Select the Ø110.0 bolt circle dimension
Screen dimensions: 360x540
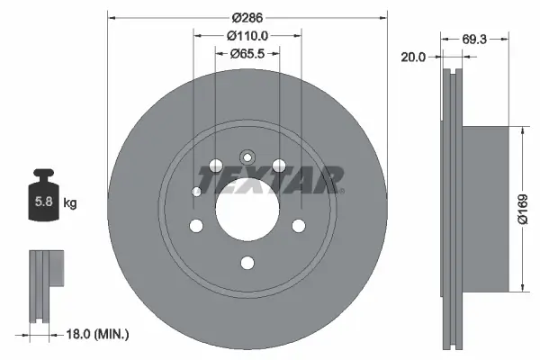[x=247, y=36]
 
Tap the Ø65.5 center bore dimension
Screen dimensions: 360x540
[x=247, y=54]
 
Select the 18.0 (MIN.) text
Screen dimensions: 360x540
[x=100, y=335]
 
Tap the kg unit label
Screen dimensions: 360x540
[x=69, y=203]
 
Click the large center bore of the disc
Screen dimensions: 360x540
[x=247, y=212]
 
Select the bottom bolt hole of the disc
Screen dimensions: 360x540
[x=247, y=264]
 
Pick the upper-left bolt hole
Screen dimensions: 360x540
[x=215, y=166]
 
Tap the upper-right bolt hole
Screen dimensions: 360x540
[x=279, y=165]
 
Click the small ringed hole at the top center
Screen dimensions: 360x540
[x=247, y=153]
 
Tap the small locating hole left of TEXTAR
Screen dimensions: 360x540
[x=197, y=191]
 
